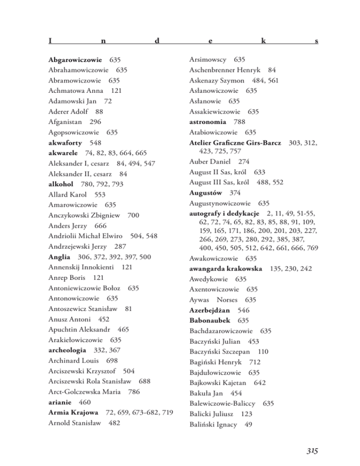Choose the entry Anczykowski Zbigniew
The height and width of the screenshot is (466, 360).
coord(84,215)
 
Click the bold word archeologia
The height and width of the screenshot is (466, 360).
coord(71,350)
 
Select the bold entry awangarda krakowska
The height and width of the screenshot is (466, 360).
coord(226,269)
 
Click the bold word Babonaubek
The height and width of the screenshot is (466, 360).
coord(211,320)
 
